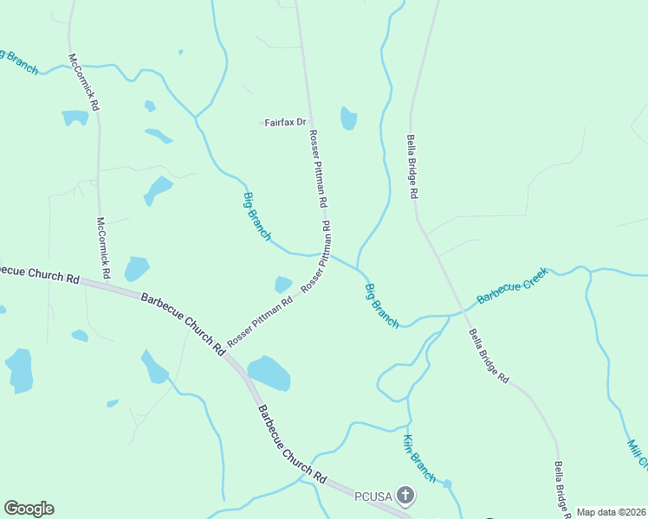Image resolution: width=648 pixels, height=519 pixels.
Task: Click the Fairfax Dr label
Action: pos(285,123)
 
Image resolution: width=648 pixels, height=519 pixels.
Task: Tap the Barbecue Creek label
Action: pos(513,286)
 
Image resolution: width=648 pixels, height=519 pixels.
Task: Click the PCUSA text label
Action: pos(373,496)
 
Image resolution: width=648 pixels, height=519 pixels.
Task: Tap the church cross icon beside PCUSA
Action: pos(405,496)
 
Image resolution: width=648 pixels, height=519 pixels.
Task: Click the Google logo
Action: pos(29,509)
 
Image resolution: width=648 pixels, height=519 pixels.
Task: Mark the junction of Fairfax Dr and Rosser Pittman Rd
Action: pos(309,123)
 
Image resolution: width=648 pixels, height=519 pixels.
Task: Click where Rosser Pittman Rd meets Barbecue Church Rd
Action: pos(224,352)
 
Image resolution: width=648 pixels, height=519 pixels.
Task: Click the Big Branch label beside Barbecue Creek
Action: pos(381,305)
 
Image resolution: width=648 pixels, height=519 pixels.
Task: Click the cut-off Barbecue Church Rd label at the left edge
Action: pos(39,273)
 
